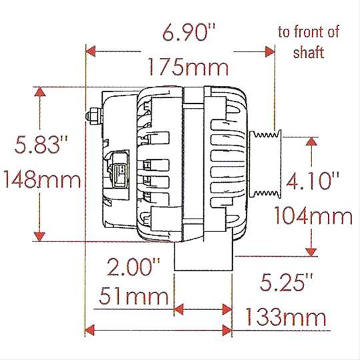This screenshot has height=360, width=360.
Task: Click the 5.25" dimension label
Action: tap(277, 282)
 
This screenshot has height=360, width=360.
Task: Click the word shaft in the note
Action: tap(309, 53)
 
